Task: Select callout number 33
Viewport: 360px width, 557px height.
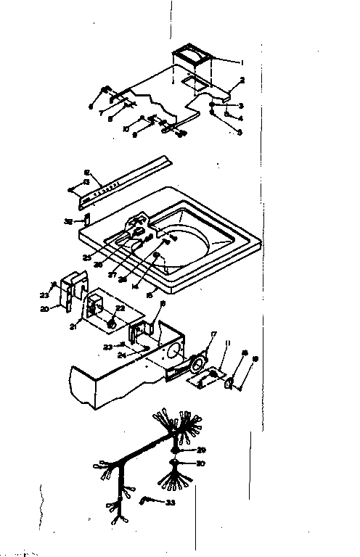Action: point(171,502)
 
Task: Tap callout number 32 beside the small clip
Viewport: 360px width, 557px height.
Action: point(68,220)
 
